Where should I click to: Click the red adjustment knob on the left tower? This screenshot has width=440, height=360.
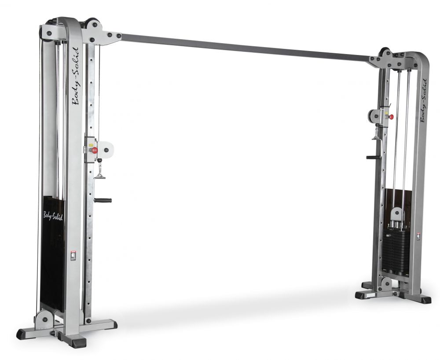(94, 150)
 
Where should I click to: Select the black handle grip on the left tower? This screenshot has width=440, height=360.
(103, 200)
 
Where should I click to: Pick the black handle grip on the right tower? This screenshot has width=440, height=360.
(372, 157)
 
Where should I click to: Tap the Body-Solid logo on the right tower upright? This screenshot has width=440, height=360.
(423, 100)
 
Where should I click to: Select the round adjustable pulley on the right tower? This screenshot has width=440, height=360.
(374, 116)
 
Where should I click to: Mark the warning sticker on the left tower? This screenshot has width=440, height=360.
(73, 255)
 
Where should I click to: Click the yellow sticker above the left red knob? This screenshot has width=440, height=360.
(92, 144)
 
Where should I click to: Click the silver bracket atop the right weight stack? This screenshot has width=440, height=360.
(397, 216)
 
